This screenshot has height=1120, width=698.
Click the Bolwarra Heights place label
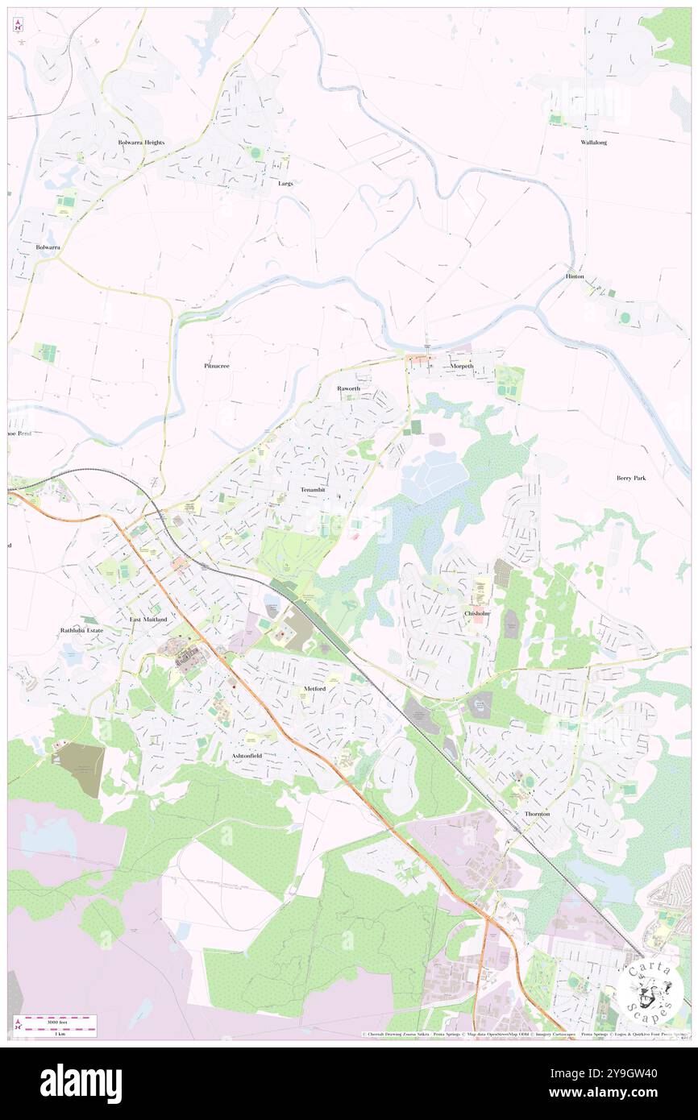(x=141, y=143)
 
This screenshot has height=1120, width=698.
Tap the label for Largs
(x=285, y=183)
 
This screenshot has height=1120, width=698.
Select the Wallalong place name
(x=594, y=142)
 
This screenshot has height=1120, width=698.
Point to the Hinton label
(x=575, y=276)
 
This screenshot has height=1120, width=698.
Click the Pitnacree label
(x=217, y=365)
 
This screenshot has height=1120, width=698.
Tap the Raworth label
(x=349, y=388)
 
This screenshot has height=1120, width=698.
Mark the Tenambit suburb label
(x=314, y=490)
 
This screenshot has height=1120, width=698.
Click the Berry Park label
(x=631, y=478)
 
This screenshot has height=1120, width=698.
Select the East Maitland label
(x=149, y=619)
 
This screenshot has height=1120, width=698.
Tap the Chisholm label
(x=477, y=613)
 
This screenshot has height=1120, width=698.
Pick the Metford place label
(x=314, y=690)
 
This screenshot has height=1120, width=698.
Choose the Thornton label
(x=538, y=814)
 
